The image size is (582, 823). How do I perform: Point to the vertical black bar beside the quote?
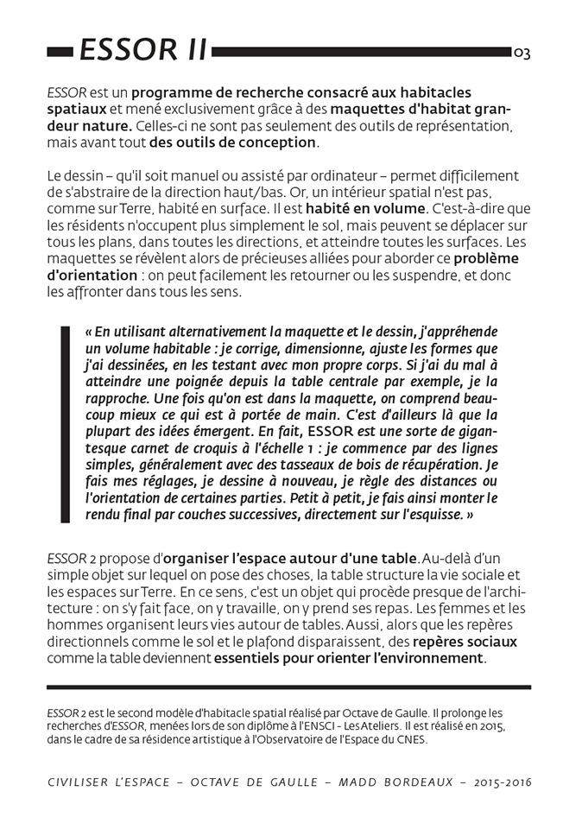click(65, 424)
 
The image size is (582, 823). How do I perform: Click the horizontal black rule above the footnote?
click(288, 687)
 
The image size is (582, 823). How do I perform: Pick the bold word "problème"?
click(486, 258)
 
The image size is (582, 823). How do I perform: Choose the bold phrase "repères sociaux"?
click(465, 642)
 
